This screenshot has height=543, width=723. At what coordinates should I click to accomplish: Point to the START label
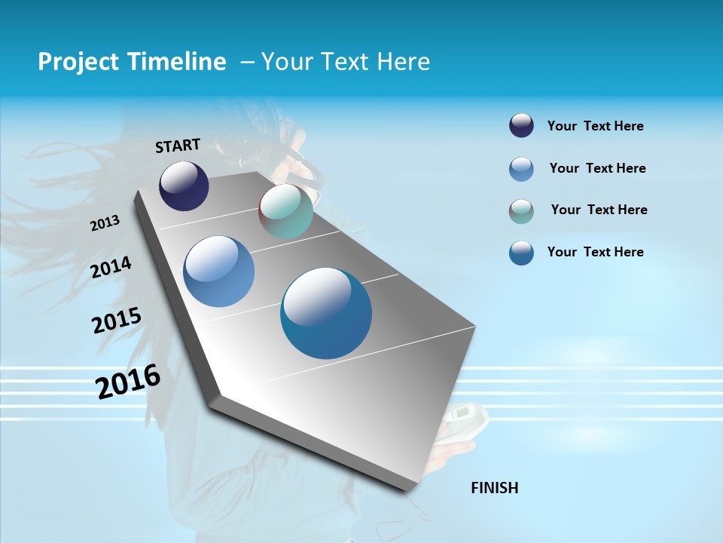click(x=178, y=146)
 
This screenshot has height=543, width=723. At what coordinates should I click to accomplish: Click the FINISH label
click(x=495, y=488)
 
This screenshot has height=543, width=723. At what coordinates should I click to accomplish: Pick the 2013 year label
click(x=105, y=223)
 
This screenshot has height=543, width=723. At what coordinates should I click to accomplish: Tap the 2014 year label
click(x=111, y=267)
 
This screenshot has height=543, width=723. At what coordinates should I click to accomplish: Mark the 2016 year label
click(x=128, y=381)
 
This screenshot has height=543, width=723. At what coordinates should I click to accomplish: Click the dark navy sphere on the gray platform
click(x=184, y=186)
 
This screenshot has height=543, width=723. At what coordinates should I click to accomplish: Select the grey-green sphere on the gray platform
click(x=285, y=212)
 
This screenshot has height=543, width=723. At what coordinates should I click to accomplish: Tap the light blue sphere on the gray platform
click(x=219, y=271)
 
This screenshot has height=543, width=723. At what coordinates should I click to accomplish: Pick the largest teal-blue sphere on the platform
click(x=326, y=313)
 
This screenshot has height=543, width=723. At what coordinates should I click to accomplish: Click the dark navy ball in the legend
click(x=521, y=125)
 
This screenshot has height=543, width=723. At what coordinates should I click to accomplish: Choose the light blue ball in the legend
click(x=521, y=168)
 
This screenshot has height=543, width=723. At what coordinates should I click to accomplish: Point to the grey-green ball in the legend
click(x=521, y=210)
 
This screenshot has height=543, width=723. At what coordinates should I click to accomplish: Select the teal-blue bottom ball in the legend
click(x=521, y=253)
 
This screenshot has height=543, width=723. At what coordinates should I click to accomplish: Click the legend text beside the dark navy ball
click(x=595, y=127)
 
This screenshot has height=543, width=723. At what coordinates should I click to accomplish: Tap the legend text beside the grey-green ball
click(x=599, y=210)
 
